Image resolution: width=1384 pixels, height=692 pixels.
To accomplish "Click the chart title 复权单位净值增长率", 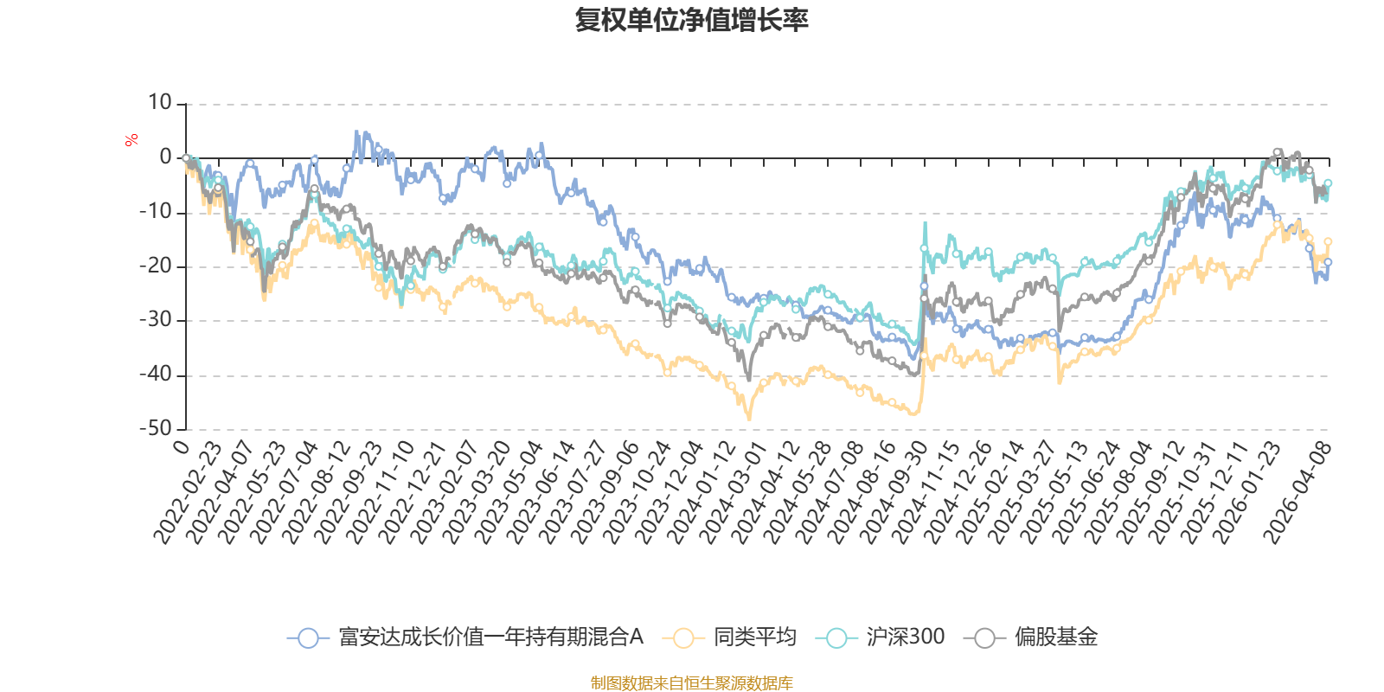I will click(x=691, y=20).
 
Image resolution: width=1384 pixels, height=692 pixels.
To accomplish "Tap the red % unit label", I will click(x=131, y=140).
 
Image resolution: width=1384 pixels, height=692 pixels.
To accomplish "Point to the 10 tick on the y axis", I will click(x=160, y=103).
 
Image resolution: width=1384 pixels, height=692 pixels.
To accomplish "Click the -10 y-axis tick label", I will click(x=156, y=212).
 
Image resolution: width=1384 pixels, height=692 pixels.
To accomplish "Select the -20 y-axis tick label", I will click(x=156, y=266).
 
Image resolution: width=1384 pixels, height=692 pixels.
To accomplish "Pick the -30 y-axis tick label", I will click(x=156, y=320).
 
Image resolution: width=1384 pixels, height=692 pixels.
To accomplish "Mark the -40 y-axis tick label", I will click(x=156, y=375).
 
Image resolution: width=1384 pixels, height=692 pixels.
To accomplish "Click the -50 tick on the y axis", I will click(x=156, y=428).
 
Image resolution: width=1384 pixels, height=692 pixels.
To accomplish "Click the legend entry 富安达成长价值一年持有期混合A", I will click(x=490, y=638).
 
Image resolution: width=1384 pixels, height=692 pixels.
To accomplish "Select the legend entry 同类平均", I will click(x=754, y=638).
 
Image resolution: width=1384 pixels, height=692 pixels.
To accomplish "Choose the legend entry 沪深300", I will click(x=905, y=638).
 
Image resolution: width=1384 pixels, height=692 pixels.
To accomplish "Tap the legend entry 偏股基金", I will click(x=1055, y=638).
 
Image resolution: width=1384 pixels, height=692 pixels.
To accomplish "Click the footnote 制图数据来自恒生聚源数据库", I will click(x=691, y=683).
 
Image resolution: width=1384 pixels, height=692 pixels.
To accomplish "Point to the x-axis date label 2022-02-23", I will click(x=189, y=493).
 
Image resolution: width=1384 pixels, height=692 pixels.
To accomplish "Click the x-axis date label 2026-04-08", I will click(x=1297, y=493).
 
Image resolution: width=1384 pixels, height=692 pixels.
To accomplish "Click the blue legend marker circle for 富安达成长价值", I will click(x=308, y=638).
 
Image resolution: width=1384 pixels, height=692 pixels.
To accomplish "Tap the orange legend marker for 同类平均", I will click(x=683, y=638).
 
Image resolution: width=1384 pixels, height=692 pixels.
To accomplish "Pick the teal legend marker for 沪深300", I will click(x=836, y=638).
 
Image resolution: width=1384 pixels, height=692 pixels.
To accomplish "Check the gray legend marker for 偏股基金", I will click(x=984, y=638).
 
